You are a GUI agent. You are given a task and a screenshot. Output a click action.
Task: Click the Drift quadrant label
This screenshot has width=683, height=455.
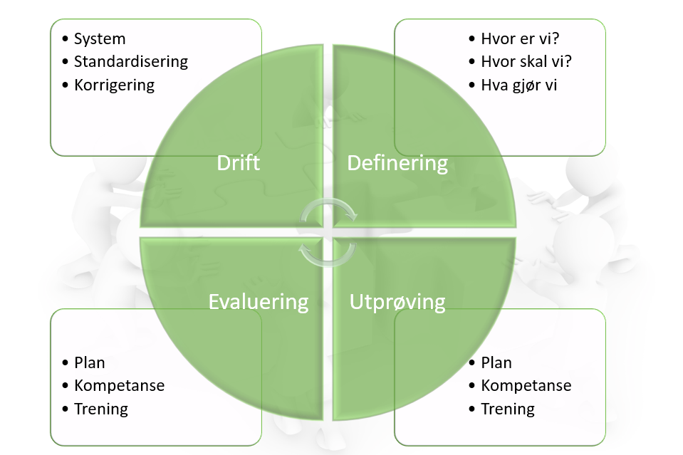tap(238, 163)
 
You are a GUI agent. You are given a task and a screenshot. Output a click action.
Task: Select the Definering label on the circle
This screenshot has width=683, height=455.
tap(397, 163)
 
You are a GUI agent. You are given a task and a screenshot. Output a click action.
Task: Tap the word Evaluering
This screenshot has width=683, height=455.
tap(259, 301)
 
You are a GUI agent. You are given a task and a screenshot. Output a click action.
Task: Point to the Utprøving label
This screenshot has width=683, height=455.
tap(397, 301)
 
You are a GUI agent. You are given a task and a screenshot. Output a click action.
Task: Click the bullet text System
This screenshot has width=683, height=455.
tap(100, 38)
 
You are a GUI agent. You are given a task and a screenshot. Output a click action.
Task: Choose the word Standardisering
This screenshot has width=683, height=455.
tap(131, 61)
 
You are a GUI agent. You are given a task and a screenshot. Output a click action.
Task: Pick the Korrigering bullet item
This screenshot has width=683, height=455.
tap(114, 85)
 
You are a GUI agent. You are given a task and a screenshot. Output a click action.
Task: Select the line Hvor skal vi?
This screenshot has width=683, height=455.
tap(526, 61)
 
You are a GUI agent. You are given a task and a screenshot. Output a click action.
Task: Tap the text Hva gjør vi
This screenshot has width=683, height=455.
tap(518, 85)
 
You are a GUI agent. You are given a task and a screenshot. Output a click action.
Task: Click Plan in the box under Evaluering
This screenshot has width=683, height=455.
tap(90, 362)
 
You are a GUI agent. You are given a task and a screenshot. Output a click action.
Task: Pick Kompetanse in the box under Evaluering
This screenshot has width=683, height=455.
tap(119, 385)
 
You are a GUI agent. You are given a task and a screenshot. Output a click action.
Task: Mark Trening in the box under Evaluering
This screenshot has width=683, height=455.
tap(101, 409)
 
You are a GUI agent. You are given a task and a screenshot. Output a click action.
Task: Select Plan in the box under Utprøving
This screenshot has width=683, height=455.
tap(496, 362)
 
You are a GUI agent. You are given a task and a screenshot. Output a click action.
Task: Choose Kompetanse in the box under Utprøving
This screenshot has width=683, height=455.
tap(526, 385)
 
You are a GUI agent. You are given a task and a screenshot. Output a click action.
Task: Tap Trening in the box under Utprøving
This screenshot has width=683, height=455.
tap(508, 409)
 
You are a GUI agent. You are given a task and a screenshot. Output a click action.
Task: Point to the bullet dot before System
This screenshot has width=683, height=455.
tap(66, 39)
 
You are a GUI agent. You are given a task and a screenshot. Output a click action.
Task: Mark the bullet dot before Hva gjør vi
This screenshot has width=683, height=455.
tap(473, 85)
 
